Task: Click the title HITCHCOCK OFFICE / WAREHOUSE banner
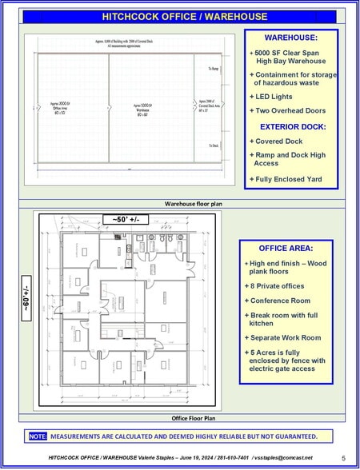click(180, 16)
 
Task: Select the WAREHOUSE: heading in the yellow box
click(291, 37)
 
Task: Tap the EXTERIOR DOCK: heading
click(291, 126)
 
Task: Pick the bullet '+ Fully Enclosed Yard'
click(286, 179)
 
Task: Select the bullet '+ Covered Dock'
click(276, 141)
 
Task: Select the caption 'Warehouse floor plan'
click(194, 204)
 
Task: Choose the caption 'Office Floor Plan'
click(194, 418)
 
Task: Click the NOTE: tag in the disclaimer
click(38, 436)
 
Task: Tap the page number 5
click(343, 458)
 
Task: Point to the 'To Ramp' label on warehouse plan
click(214, 70)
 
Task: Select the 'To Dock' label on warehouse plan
click(214, 145)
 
